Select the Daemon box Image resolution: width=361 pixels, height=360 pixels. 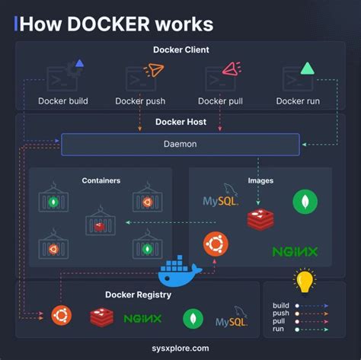(180, 143)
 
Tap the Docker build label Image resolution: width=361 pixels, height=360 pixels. (63, 100)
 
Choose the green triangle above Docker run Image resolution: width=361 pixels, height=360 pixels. (307, 68)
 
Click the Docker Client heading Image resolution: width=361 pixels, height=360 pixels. (180, 50)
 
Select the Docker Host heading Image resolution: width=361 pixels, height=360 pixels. (180, 122)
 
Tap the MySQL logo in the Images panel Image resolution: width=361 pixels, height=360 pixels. (221, 200)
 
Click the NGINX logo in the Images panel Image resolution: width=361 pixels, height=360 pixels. (295, 250)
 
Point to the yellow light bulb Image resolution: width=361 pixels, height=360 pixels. (305, 282)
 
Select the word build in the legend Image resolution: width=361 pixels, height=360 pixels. (281, 305)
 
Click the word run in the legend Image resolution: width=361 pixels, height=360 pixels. (279, 330)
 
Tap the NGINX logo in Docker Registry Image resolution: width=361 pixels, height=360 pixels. (142, 318)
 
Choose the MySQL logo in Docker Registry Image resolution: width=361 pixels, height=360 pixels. (232, 319)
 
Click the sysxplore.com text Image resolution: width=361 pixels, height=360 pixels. (180, 348)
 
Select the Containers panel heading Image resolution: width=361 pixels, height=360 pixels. (101, 180)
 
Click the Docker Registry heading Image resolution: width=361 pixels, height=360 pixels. (138, 295)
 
